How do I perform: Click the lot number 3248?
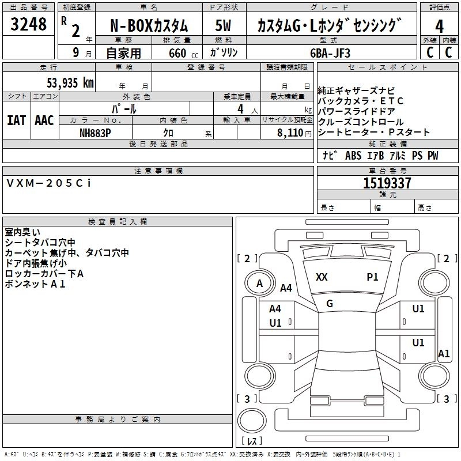coord(28,25)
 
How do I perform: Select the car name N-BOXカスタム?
coord(149,26)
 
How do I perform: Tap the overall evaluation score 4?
coord(439,26)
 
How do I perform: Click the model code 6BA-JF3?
coord(330,52)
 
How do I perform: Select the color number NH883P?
coord(95,132)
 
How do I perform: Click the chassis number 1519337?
coord(387,183)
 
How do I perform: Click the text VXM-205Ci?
coord(48,183)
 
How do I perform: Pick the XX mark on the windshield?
coord(322,277)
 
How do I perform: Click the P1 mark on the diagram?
coord(372,277)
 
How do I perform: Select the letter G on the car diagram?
coord(330,304)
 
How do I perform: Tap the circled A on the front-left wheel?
coord(259,284)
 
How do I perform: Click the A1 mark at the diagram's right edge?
coord(443,353)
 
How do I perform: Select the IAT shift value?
coord(16,120)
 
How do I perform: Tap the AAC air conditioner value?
coord(44,120)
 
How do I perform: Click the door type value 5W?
coord(224,26)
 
